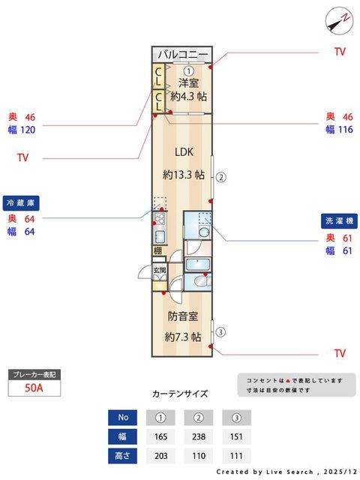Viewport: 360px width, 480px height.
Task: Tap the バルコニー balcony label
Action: click(x=183, y=55)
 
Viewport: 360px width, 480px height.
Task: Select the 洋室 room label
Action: click(x=188, y=82)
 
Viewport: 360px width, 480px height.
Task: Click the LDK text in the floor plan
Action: click(x=184, y=151)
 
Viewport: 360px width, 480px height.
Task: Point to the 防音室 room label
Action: click(x=183, y=316)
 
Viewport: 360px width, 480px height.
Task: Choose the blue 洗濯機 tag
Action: click(x=340, y=221)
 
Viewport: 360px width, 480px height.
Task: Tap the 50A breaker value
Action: click(x=33, y=388)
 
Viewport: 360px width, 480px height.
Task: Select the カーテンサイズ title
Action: click(x=180, y=394)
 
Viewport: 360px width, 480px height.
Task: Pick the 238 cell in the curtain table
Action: click(x=198, y=436)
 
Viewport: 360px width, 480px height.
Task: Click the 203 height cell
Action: click(x=160, y=456)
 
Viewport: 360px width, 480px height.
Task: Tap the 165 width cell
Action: click(x=160, y=436)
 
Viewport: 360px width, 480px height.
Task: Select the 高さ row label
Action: click(x=122, y=456)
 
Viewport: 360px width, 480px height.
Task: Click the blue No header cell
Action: click(x=122, y=418)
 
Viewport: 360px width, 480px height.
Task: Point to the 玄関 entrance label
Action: click(x=159, y=271)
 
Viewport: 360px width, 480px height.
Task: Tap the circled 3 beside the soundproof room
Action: click(x=220, y=331)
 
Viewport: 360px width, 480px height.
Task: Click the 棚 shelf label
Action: click(x=158, y=250)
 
